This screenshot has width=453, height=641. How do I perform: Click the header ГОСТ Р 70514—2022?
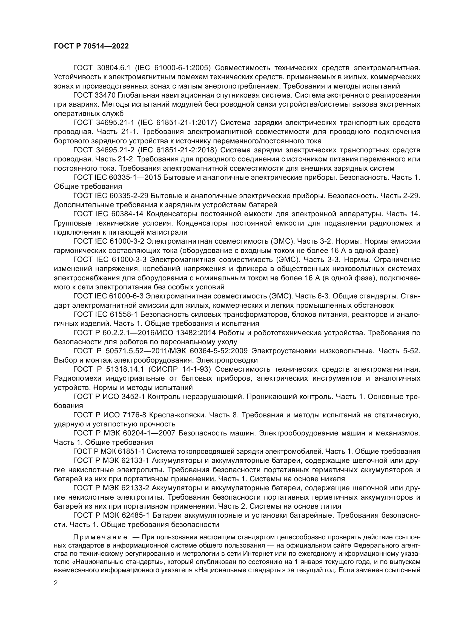(91, 46)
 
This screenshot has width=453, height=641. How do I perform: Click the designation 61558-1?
(124, 315)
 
